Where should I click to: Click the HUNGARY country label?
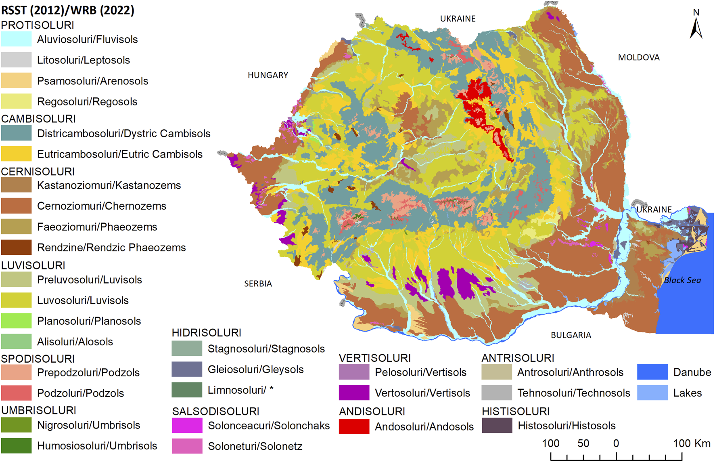(x=268, y=75)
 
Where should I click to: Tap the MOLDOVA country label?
(x=639, y=57)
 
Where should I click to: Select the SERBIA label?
(x=258, y=283)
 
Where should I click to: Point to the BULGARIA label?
(x=571, y=335)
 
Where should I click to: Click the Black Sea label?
(x=682, y=280)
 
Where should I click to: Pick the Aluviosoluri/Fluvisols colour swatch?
(x=16, y=39)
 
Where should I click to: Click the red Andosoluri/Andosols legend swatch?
(x=354, y=426)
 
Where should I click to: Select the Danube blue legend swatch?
(x=652, y=372)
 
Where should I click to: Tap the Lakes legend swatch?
(x=652, y=393)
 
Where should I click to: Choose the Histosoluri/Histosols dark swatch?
(x=497, y=426)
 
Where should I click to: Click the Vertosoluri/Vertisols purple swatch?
(x=354, y=393)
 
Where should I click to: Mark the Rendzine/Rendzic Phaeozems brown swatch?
(x=16, y=247)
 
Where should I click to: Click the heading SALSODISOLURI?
(x=215, y=411)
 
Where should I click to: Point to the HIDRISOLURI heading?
(x=206, y=332)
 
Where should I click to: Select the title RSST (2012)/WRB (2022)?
(x=67, y=10)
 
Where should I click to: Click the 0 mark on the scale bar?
(x=616, y=443)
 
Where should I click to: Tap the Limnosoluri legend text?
(x=240, y=390)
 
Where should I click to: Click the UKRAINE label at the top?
(x=458, y=19)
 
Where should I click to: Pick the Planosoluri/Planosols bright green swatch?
(x=16, y=321)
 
